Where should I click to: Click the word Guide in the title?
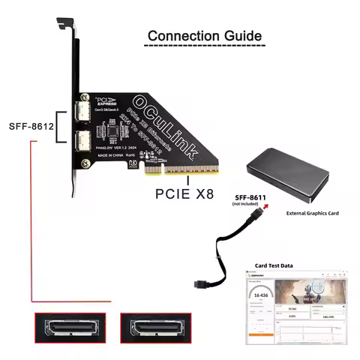pyautogui.click(x=238, y=36)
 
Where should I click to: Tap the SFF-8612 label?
pyautogui.click(x=30, y=127)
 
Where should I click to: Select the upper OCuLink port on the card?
pyautogui.click(x=84, y=114)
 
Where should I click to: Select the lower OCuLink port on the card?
pyautogui.click(x=84, y=139)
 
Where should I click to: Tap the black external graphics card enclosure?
pyautogui.click(x=293, y=178)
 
